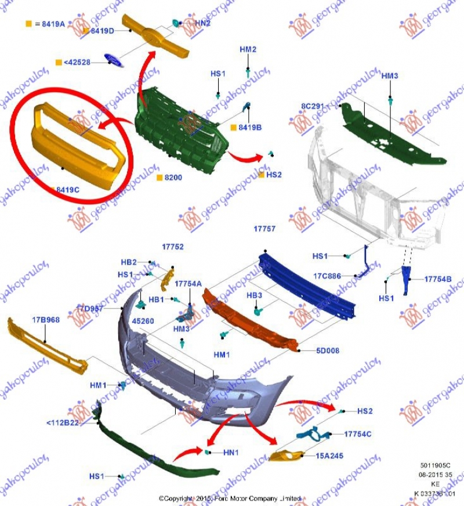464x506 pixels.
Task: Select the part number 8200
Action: [x=173, y=178]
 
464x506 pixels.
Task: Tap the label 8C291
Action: [x=313, y=106]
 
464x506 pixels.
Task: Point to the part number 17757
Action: [x=264, y=229]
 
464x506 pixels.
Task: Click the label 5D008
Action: [x=328, y=350]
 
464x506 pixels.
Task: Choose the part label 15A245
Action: [x=330, y=456]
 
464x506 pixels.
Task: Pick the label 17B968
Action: [x=46, y=320]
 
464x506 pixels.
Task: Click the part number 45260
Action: [x=143, y=320]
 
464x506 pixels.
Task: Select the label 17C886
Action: [x=328, y=276]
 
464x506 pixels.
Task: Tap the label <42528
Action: [x=77, y=62]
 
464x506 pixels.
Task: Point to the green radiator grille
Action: [x=180, y=128]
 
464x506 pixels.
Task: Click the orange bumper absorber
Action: [x=249, y=322]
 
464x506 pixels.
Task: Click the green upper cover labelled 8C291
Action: [x=391, y=133]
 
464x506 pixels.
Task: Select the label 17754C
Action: [x=357, y=434]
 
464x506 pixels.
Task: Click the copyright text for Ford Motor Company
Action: [x=230, y=498]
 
